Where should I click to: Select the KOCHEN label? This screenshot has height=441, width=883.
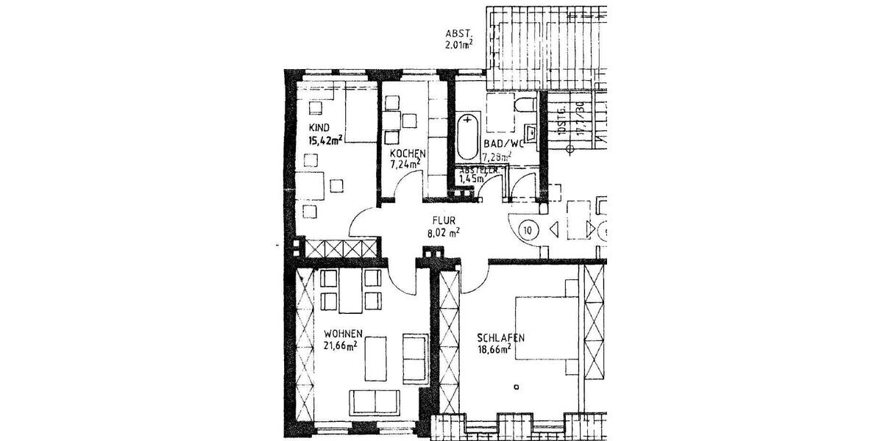(x=408, y=153)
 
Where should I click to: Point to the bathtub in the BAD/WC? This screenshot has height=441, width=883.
(x=467, y=137)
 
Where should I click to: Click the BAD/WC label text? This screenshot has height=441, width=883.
(x=503, y=144)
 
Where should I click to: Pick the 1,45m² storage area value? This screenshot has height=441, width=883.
(x=471, y=178)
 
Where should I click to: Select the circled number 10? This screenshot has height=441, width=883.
(x=528, y=230)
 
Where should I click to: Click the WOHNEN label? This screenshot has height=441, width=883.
(x=342, y=333)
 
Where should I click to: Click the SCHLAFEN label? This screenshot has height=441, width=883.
(x=500, y=337)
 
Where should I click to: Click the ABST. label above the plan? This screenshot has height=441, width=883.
(x=457, y=34)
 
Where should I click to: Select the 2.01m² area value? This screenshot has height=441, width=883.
(x=458, y=45)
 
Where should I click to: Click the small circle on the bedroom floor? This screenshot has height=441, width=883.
(x=517, y=387)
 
